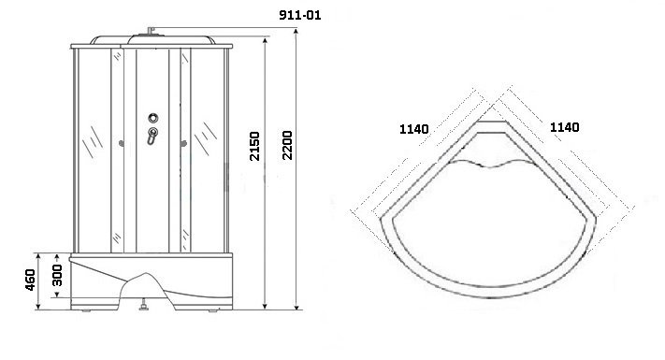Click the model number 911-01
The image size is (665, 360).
coord(300,15)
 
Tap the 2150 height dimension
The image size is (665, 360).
coord(254,146)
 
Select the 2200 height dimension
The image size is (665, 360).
coord(287,146)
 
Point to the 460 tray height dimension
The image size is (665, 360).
coord(30,280)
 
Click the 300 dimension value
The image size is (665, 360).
coord(57,275)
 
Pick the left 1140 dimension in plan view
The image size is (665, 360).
coord(414,129)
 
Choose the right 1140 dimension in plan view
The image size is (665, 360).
coord(565,127)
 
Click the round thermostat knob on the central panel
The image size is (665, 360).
coord(153,118)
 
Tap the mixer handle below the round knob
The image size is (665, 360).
coord(152,136)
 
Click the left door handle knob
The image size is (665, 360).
coord(122,144)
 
